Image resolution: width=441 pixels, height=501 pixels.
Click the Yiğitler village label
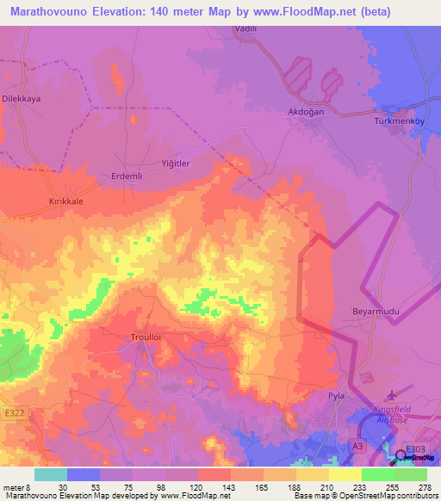175,163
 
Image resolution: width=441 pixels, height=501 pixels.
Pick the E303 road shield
415,449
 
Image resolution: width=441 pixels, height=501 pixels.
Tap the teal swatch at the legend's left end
50,474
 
